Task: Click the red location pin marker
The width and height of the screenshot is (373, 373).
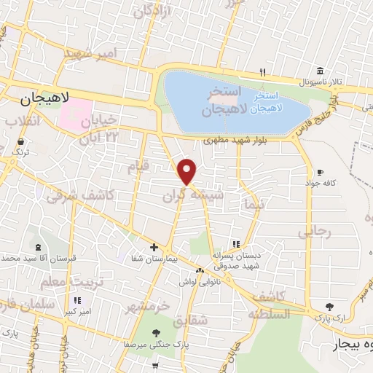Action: pos(188,172)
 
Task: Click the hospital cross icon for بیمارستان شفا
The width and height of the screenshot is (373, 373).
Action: pos(153,246)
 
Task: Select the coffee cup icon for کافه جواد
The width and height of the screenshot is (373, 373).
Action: pos(319,172)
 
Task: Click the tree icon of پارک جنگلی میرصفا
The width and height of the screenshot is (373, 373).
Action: pos(157,332)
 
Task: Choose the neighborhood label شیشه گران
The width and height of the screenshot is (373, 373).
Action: pos(189,196)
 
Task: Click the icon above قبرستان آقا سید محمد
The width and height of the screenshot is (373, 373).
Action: pos(37,248)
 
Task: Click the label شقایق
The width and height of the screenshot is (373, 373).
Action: pos(213,319)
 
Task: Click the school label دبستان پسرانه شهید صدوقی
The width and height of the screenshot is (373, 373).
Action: pos(237,260)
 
